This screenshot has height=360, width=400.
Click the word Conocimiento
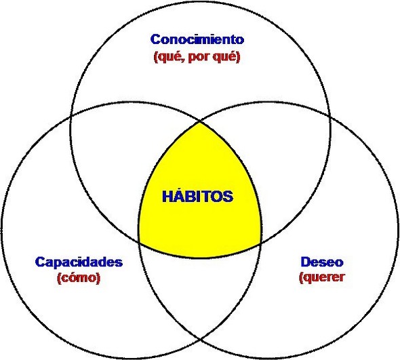tap(197, 39)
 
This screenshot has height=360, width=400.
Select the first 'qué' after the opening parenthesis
tap(169, 57)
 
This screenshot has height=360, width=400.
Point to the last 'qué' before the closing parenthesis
tap(224, 57)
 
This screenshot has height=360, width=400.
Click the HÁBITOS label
tap(198, 197)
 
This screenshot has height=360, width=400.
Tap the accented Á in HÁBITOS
tap(182, 196)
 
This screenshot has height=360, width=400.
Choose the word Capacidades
tap(79, 262)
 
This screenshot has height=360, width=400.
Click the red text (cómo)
tap(79, 278)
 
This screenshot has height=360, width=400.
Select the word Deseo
tap(322, 262)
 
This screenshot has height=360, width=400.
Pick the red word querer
tap(324, 278)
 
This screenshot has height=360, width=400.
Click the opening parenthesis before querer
tap(301, 278)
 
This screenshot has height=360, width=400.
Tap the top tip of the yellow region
tap(200, 122)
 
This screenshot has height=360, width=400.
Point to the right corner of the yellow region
tap(261, 244)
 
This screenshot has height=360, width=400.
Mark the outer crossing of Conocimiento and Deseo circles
tap(330, 117)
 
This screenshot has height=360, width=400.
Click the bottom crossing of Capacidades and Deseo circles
tap(200, 340)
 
